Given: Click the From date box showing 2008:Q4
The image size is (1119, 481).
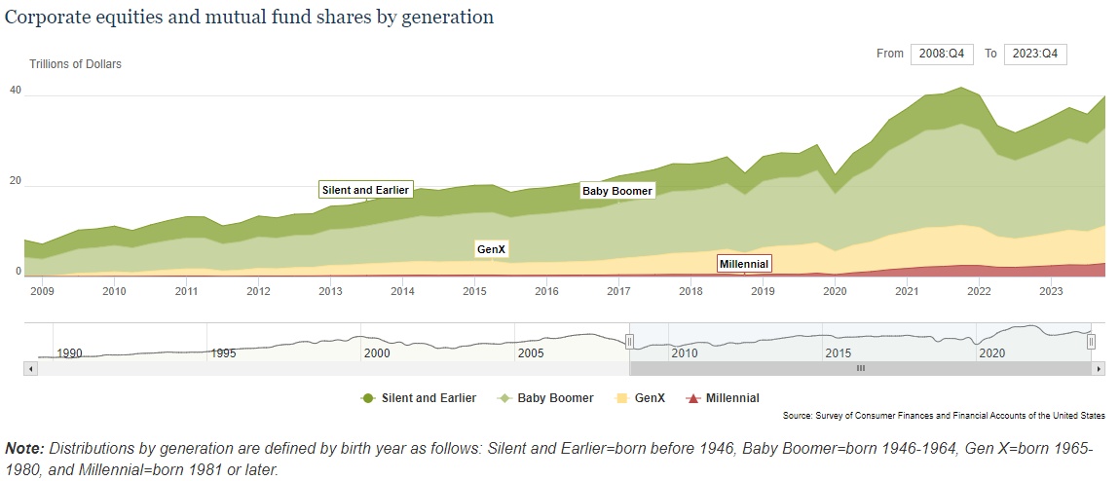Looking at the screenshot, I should [x=942, y=54].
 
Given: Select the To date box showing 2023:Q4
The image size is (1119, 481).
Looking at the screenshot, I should [x=1035, y=54].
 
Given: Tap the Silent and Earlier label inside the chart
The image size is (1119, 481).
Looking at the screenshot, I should [x=365, y=190].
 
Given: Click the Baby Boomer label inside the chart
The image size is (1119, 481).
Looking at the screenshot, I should [x=617, y=191].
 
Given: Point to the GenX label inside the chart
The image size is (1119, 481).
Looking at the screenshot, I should [x=492, y=249].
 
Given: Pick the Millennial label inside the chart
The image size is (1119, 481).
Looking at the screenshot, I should [x=744, y=264].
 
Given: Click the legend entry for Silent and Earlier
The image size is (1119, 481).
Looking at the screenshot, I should [x=419, y=398].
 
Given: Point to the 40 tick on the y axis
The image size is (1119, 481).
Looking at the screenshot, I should [x=16, y=90].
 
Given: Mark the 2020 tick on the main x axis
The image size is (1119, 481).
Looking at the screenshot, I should [x=835, y=291].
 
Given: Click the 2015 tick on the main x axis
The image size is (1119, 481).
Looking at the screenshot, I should [x=474, y=291].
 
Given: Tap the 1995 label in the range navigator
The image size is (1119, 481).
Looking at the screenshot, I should [x=223, y=352].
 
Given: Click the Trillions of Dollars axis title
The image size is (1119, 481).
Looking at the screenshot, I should [x=75, y=64].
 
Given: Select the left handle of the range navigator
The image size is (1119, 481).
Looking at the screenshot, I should [x=629, y=341].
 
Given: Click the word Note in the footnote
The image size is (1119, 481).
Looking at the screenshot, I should [x=24, y=449].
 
